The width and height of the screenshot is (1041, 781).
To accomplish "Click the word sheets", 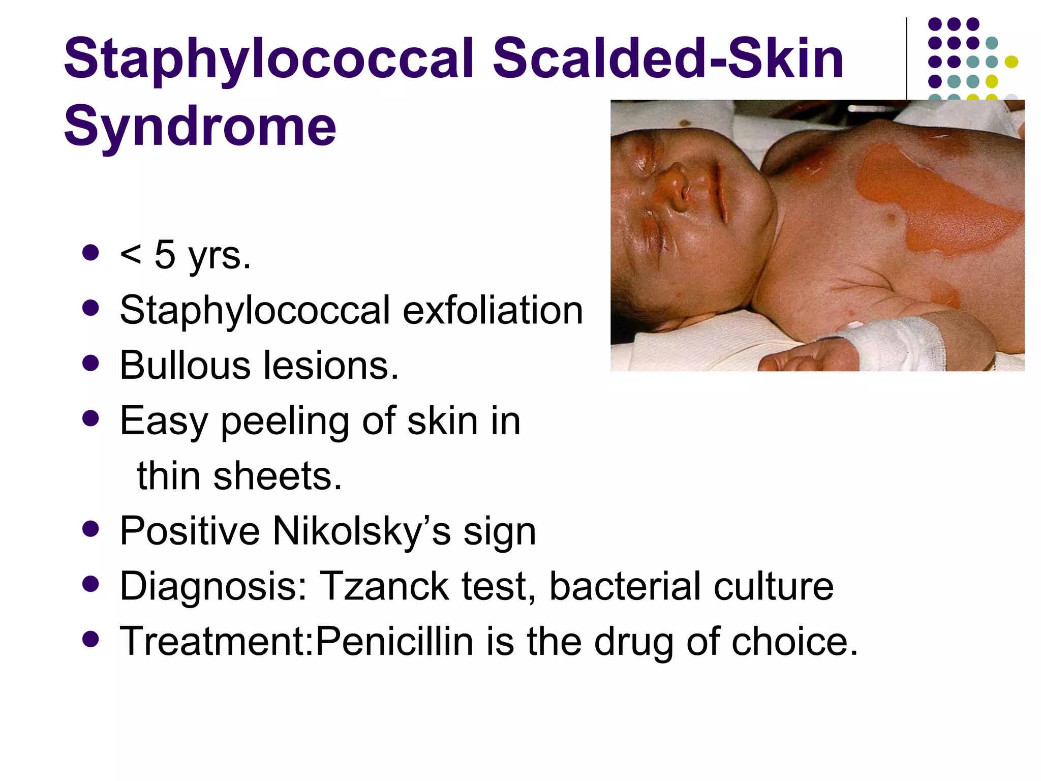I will [x=278, y=476].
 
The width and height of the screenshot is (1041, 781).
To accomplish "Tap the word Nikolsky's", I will [x=361, y=531].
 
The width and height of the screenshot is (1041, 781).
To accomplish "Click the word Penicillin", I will [x=394, y=641].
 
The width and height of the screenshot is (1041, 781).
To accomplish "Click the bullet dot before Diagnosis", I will [x=90, y=584].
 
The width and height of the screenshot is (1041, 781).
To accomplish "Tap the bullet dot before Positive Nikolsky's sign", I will [x=90, y=529].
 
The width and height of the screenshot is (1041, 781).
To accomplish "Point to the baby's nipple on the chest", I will [x=891, y=219].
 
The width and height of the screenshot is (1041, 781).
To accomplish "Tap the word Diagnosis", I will [x=213, y=586].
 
